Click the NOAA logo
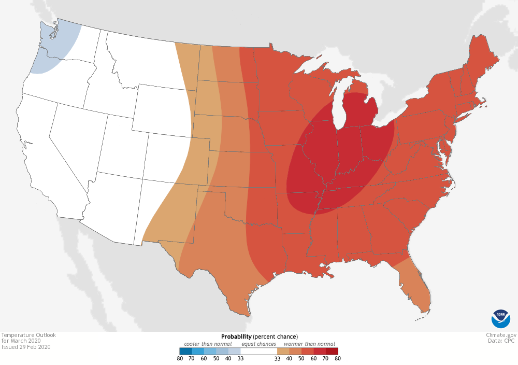(500, 319)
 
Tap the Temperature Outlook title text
(28, 335)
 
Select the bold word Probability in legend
(236, 336)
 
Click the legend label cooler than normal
(208, 344)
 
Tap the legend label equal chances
(259, 344)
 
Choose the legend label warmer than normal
(309, 344)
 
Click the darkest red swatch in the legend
(332, 351)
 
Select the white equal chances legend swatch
(258, 351)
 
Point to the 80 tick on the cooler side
(179, 358)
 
